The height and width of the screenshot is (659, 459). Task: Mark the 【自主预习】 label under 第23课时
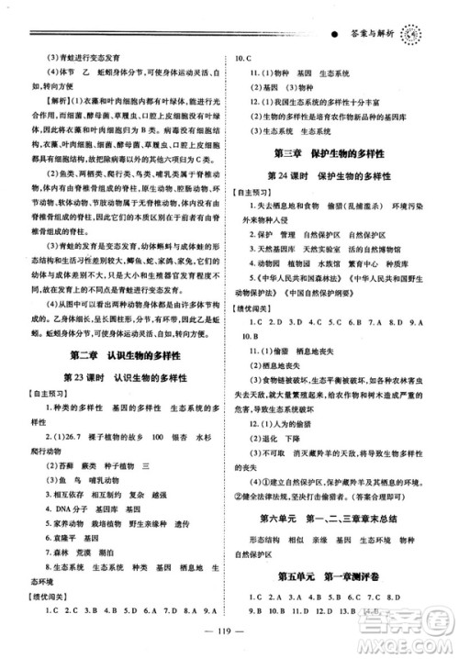(x=43, y=394)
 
